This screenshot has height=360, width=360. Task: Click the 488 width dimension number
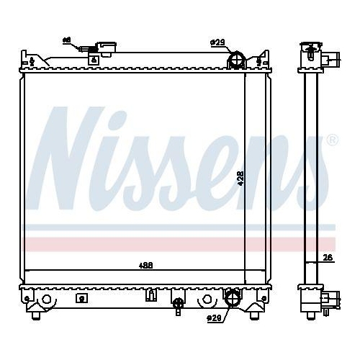pos(146,266)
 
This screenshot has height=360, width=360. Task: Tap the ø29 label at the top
pos(218,43)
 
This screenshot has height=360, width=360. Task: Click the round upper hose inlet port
pos(235,60)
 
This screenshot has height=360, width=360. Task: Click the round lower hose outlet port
pos(232,298)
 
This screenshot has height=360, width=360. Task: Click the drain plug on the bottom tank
pos(178,304)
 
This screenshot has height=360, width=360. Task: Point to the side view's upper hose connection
pos(329,60)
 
